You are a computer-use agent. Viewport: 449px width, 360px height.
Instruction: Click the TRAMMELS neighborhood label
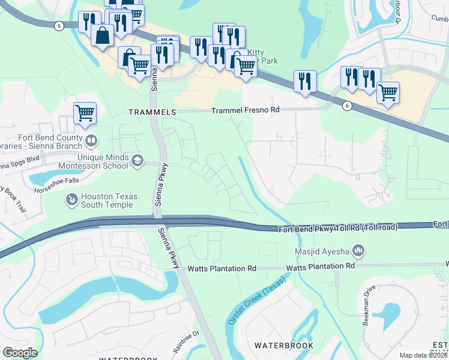[152, 112]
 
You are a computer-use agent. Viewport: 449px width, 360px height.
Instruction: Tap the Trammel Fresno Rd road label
[246, 110]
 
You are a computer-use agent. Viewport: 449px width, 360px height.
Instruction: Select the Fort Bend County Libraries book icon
[91, 142]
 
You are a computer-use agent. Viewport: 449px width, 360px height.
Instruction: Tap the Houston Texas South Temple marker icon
[71, 198]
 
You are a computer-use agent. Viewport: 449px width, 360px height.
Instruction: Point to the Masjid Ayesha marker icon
[358, 249]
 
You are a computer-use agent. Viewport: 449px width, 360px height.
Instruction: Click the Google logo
[20, 353]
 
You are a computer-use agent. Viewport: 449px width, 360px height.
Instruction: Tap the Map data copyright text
[424, 355]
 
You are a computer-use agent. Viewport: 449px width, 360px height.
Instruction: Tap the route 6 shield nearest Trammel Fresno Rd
[346, 106]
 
